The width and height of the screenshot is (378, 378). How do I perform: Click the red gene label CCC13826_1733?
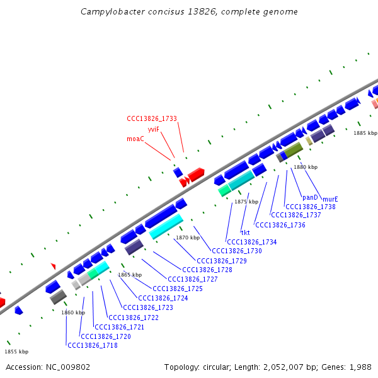tap(152, 118)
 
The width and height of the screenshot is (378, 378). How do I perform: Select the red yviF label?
tap(154, 129)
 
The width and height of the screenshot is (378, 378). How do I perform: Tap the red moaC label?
tap(135, 139)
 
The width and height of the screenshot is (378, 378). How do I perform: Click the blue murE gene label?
tap(330, 198)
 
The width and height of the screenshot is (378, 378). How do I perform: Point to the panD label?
tap(310, 197)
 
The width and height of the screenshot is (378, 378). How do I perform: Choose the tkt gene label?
tap(245, 232)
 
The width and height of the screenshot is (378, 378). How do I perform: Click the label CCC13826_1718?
tap(93, 345)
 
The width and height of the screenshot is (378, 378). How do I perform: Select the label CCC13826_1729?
tap(222, 261)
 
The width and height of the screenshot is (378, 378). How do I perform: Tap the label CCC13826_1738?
tap(311, 207)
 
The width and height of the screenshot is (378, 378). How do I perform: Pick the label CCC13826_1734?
tap(252, 242)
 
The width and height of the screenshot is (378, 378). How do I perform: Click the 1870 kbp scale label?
tap(188, 238)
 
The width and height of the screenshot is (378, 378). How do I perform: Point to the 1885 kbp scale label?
tap(365, 133)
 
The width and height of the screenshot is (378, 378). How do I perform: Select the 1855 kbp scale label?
tap(16, 352)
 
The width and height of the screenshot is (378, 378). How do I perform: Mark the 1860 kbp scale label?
tap(73, 312)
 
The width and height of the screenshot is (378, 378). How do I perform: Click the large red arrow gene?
tap(196, 174)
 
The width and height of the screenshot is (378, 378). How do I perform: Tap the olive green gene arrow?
tap(294, 149)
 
